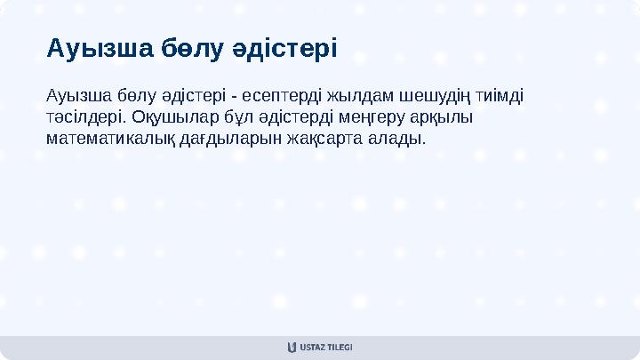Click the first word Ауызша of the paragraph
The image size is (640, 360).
point(74,95)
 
